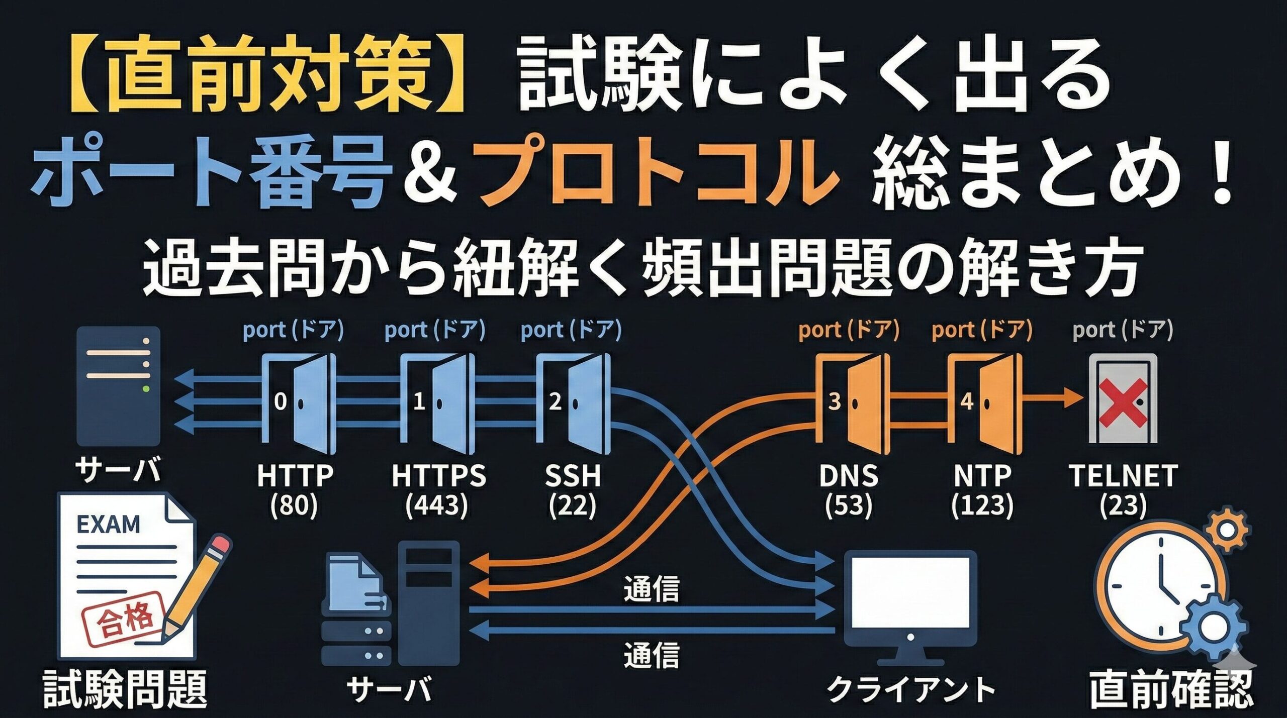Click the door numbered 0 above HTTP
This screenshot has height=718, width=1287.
(x=299, y=402)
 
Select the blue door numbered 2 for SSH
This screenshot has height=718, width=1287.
(x=573, y=402)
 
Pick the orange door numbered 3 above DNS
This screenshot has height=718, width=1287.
(x=852, y=402)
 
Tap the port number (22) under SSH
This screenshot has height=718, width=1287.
(x=573, y=505)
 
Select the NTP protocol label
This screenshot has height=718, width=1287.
(x=982, y=475)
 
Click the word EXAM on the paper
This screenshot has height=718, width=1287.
(x=108, y=525)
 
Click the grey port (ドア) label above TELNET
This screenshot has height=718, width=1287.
(x=1122, y=330)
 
